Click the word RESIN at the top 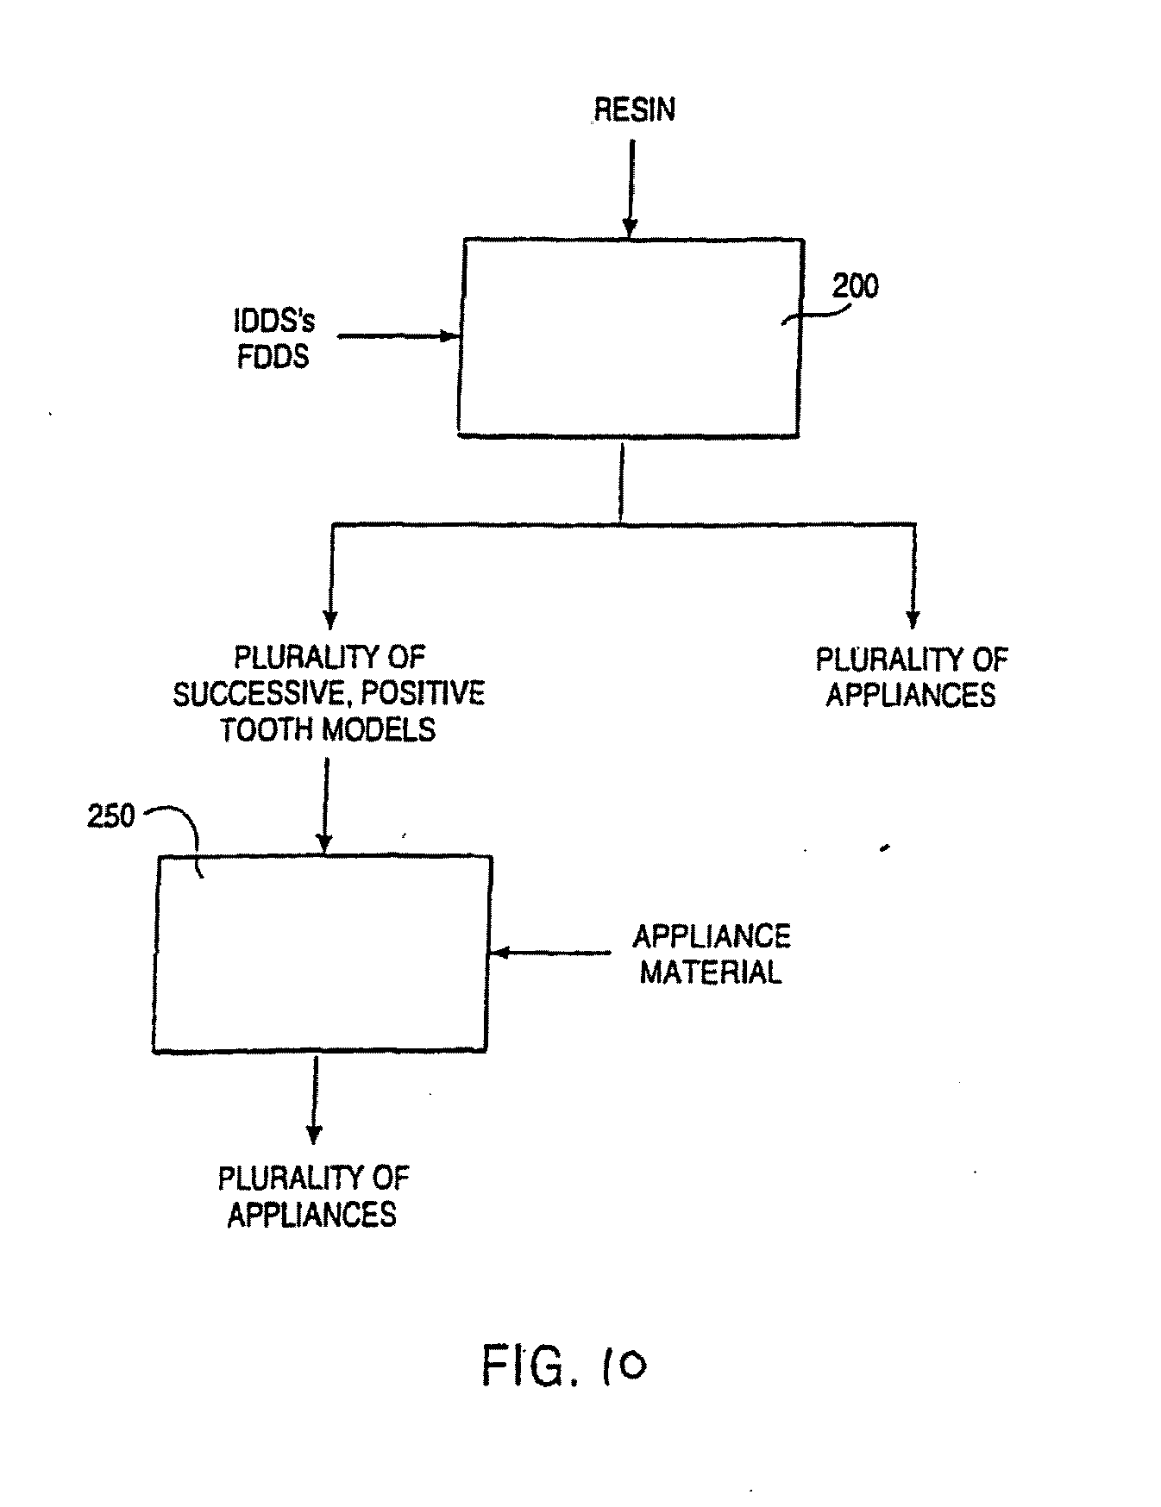click(x=635, y=109)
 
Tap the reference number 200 click(x=855, y=285)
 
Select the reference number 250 click(x=111, y=816)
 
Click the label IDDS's click(x=274, y=322)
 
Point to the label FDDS click(x=273, y=356)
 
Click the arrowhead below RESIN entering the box click(x=631, y=228)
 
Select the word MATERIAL click(x=711, y=972)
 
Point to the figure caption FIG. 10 click(x=563, y=1366)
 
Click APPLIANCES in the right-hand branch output click(x=911, y=695)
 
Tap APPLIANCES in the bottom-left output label click(x=312, y=1215)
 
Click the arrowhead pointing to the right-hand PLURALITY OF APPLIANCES click(x=913, y=620)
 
